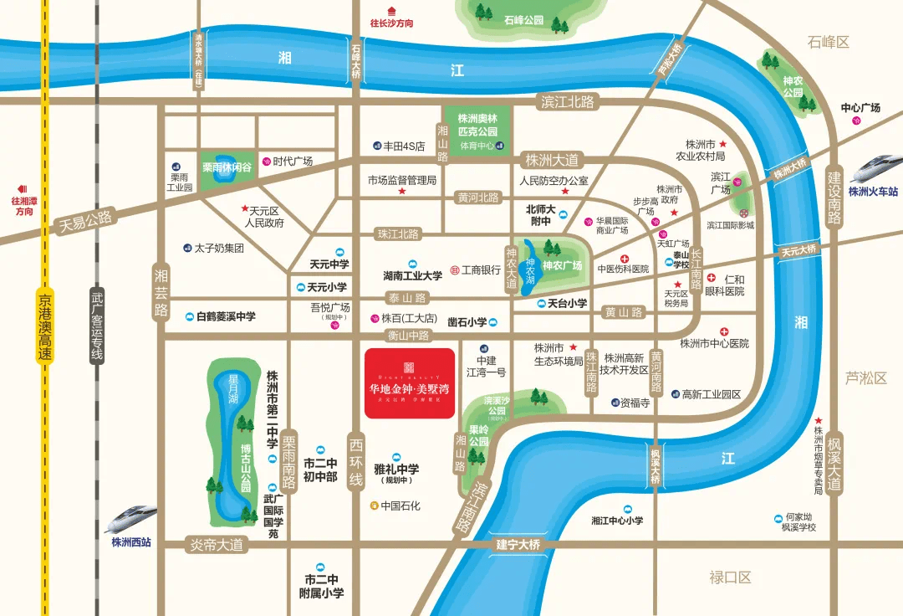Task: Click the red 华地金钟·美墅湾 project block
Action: click(x=410, y=382)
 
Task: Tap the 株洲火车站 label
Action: click(x=872, y=191)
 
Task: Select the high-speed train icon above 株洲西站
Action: click(x=130, y=519)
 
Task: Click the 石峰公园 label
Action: click(x=524, y=19)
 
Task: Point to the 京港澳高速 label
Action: click(x=45, y=326)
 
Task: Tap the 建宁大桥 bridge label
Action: click(x=518, y=545)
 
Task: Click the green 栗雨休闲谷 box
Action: click(x=227, y=167)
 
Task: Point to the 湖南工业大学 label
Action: click(x=412, y=275)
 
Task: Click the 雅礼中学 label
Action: click(x=396, y=470)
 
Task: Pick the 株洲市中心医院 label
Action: click(x=714, y=343)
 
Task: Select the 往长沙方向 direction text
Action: click(x=392, y=23)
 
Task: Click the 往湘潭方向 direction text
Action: click(x=23, y=206)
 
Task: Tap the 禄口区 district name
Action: click(x=730, y=577)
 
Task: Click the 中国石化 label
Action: click(x=400, y=506)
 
